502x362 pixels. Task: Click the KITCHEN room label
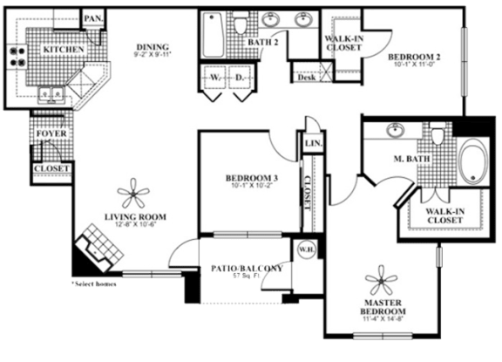click(x=64, y=50)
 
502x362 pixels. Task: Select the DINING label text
click(x=153, y=47)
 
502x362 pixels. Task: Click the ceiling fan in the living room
click(x=134, y=192)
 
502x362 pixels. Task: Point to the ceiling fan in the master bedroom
click(x=383, y=281)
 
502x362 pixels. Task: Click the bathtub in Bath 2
click(x=213, y=34)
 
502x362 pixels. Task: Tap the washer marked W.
click(x=214, y=76)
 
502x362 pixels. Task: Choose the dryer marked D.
click(x=240, y=76)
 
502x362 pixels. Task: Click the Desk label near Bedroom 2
click(x=306, y=78)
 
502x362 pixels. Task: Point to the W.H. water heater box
click(x=305, y=249)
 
